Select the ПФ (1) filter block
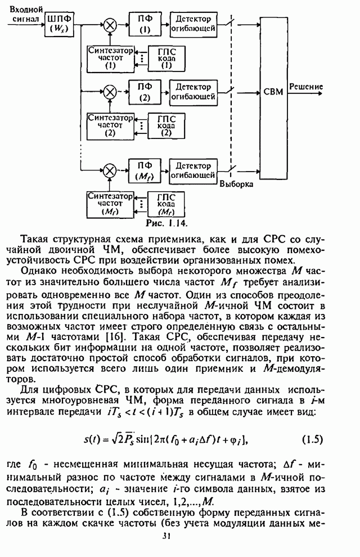(x=145, y=24)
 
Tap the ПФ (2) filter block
(x=145, y=92)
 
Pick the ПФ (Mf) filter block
(x=145, y=170)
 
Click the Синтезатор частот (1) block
(x=110, y=57)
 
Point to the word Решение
(x=306, y=87)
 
